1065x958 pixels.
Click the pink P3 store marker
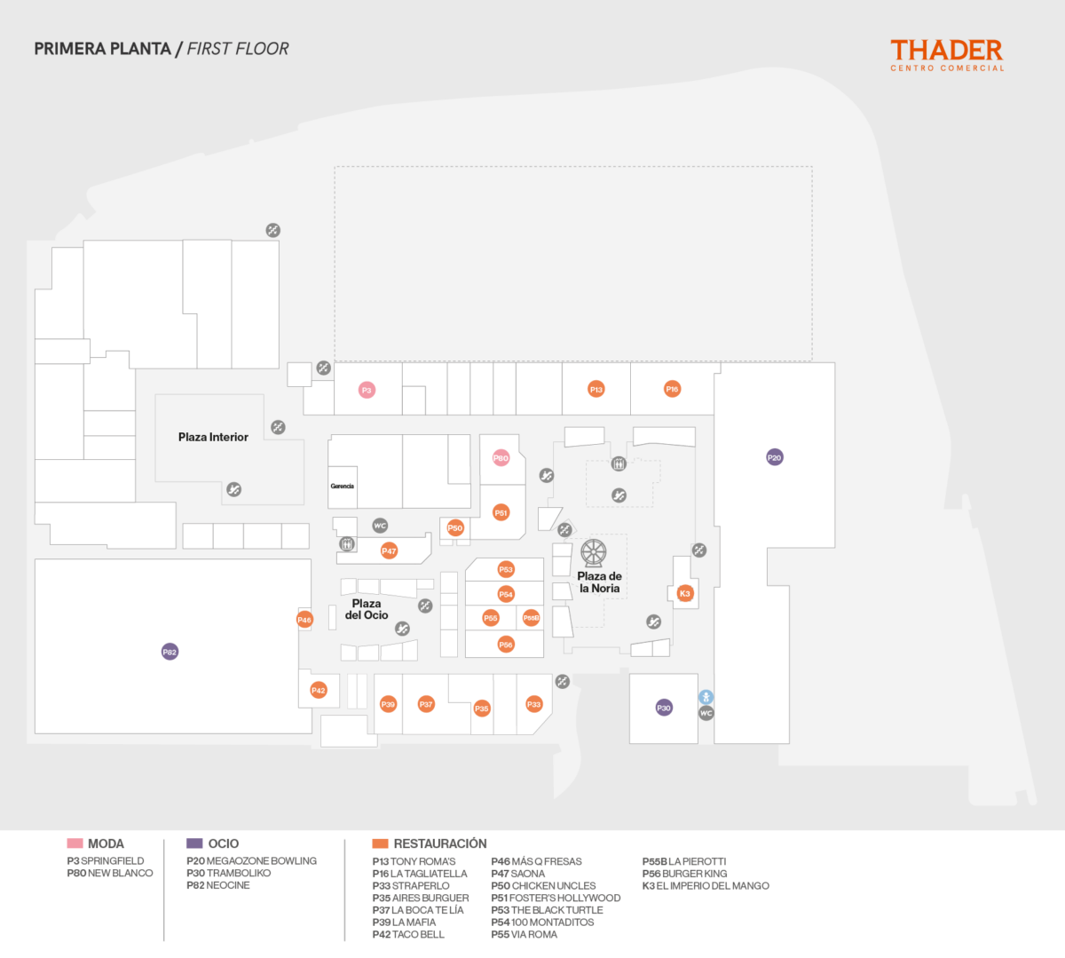coord(367,390)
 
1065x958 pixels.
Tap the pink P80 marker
coord(501,458)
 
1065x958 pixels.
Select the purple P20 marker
coord(775,458)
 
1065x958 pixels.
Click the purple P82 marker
coord(170,652)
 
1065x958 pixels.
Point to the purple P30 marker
coord(664,708)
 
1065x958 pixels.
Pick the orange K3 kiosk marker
coord(684,593)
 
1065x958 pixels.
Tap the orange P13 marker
coord(596,390)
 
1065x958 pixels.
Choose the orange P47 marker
coord(389,551)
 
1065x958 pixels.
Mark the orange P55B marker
coord(531,618)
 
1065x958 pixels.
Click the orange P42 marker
coord(319,690)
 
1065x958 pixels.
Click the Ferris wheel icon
coord(594,553)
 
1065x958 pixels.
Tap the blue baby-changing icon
coord(706,697)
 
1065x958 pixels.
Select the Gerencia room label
coord(343,487)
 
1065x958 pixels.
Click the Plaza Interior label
coord(213,437)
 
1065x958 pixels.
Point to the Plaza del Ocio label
coord(367,609)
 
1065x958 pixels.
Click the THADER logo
coord(947,54)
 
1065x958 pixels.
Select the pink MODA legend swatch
coord(75,843)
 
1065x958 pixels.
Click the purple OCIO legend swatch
coord(195,843)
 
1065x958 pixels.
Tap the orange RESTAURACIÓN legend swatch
coord(381,843)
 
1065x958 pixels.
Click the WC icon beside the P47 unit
coord(380,526)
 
